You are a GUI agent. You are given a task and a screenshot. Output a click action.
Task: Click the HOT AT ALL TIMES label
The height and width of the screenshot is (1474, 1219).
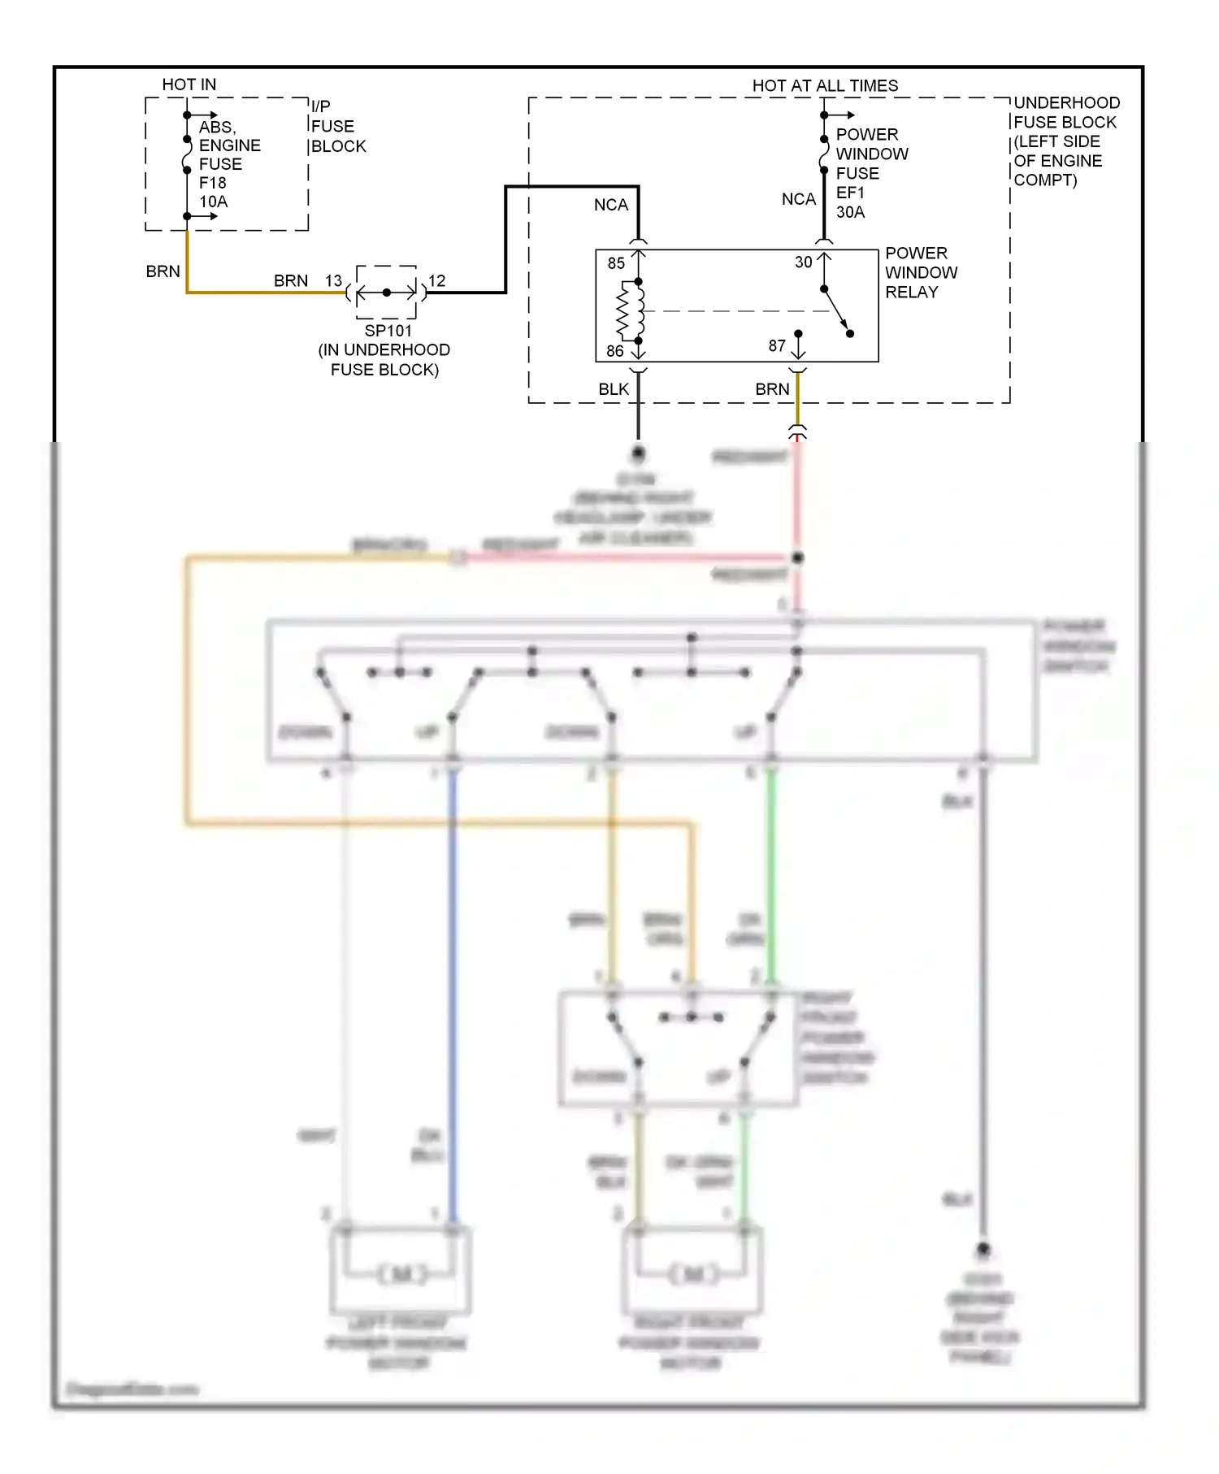tap(824, 85)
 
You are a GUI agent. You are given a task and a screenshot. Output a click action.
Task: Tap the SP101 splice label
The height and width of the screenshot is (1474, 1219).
tap(388, 331)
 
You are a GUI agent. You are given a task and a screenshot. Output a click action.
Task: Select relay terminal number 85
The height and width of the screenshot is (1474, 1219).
tap(616, 263)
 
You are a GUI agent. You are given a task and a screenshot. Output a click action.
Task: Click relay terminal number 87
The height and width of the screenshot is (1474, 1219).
tap(777, 346)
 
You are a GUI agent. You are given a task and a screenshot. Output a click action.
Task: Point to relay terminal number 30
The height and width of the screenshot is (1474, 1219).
tap(803, 262)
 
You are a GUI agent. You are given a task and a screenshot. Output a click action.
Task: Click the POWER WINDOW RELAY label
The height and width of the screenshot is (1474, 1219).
tap(921, 272)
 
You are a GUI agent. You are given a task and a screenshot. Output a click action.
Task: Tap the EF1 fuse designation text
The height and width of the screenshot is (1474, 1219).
tap(850, 193)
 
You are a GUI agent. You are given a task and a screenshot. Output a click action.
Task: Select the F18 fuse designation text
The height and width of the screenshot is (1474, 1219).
tap(212, 183)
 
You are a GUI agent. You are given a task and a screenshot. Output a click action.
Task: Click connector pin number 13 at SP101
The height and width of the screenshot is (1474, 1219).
tap(333, 280)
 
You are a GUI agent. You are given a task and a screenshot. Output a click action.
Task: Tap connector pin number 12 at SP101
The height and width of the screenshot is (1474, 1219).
tap(436, 280)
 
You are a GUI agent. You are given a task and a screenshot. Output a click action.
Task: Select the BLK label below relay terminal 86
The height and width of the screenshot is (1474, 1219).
tap(614, 389)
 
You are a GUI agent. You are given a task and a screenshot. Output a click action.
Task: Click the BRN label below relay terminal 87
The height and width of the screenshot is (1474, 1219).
tap(772, 389)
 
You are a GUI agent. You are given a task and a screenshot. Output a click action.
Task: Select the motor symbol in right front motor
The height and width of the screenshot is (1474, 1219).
tap(693, 1274)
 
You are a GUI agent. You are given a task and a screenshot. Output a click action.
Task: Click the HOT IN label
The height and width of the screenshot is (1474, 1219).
tap(189, 85)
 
